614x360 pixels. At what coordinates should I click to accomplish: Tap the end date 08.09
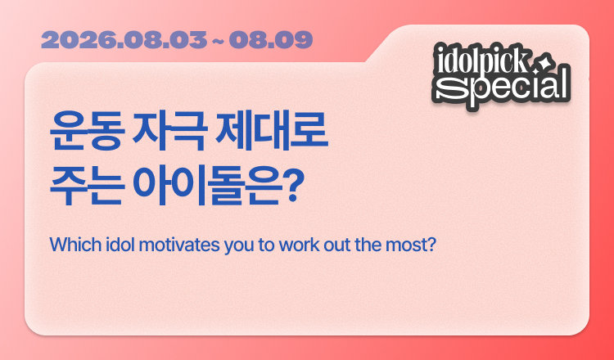tap(271, 40)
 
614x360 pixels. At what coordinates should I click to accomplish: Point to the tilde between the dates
tap(218, 40)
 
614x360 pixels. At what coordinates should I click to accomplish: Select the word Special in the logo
tap(502, 86)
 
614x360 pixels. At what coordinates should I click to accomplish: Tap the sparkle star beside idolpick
tap(545, 65)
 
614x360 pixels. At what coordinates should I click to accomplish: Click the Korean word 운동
tap(88, 132)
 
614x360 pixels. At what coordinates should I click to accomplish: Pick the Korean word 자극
tap(169, 132)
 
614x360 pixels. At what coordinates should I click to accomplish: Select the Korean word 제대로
tap(272, 132)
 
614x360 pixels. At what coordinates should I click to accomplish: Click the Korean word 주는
tap(88, 186)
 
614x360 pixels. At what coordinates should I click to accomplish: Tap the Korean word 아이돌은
tap(207, 186)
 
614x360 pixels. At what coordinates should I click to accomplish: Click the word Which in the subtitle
tap(75, 245)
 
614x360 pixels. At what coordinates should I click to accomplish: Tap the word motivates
tap(179, 245)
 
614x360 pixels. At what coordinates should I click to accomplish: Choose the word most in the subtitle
tap(411, 245)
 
